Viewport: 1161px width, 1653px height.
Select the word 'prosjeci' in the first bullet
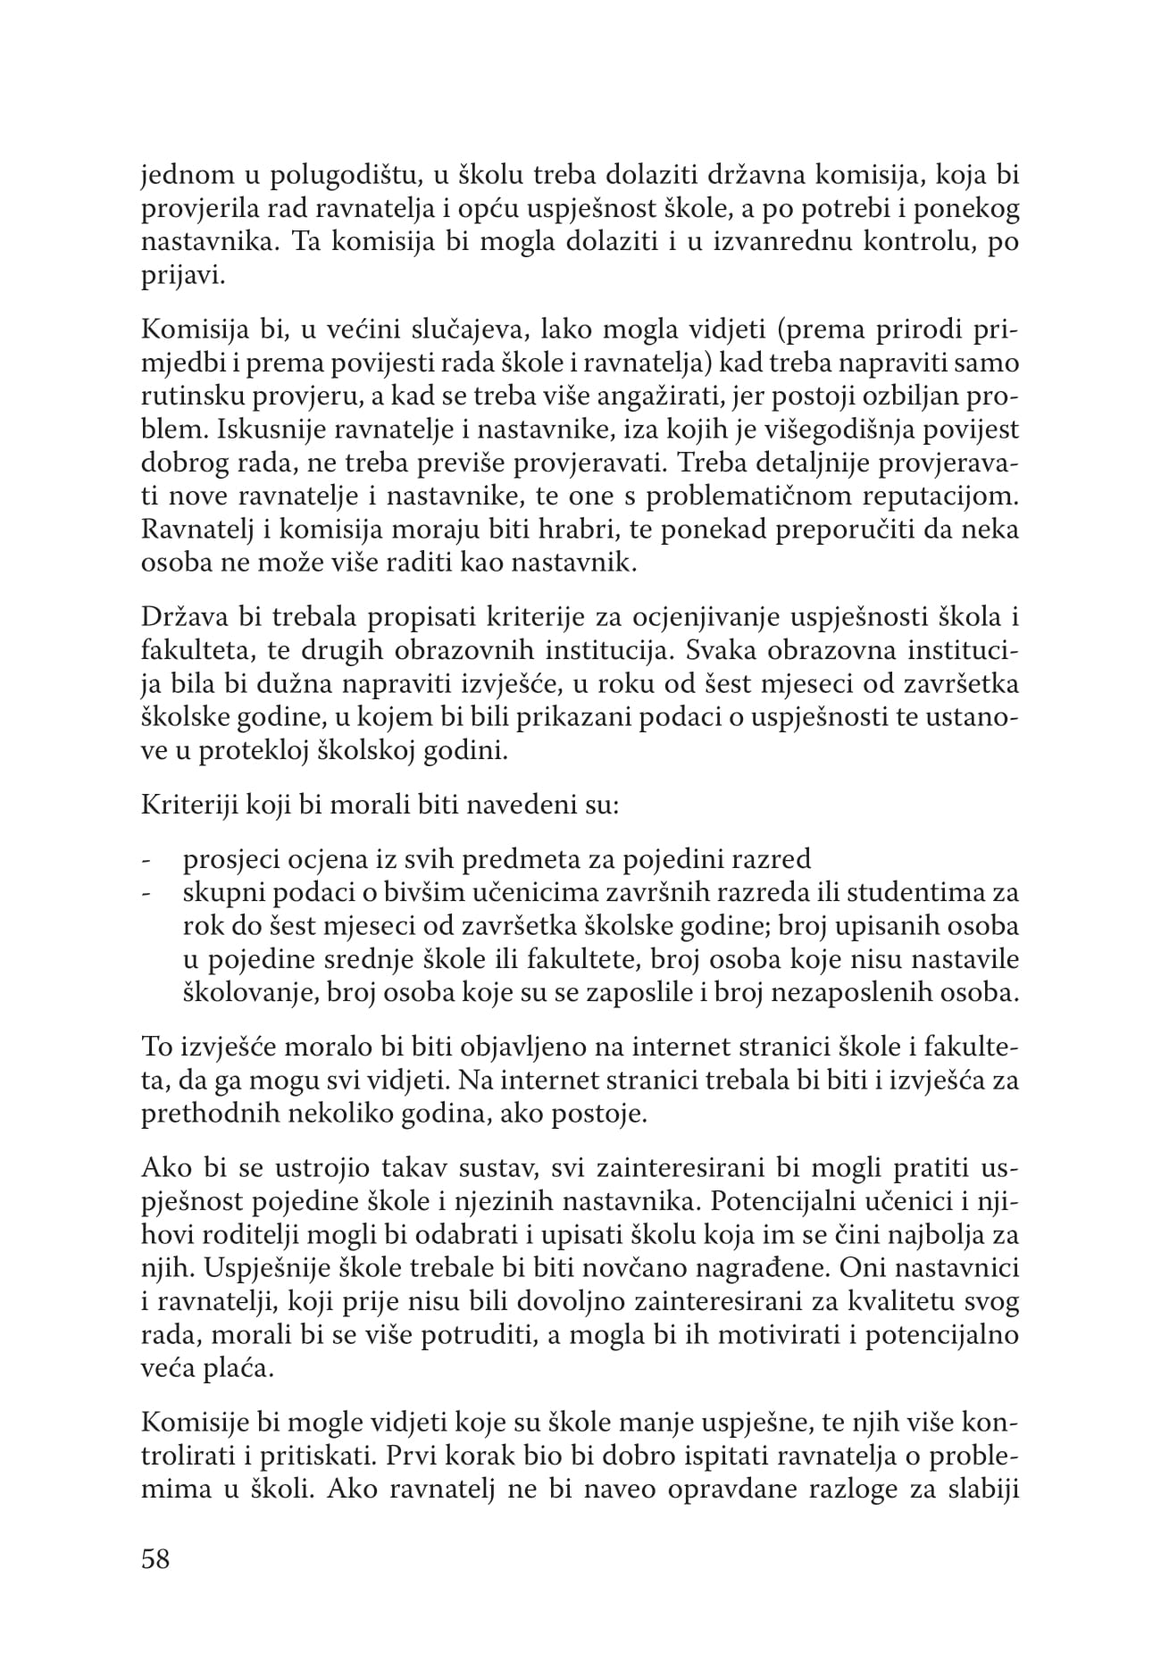[228, 860]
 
